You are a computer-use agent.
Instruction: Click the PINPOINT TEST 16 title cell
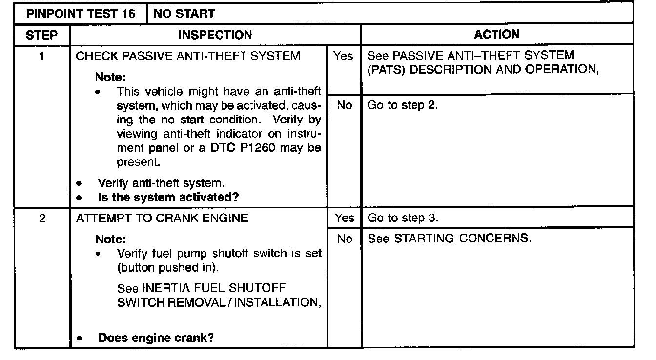(81, 14)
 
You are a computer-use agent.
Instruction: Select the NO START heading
(184, 14)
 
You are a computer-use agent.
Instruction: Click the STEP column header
(42, 35)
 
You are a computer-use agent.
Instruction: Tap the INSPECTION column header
(215, 35)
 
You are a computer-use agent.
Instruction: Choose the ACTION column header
(497, 34)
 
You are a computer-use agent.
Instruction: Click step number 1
(42, 56)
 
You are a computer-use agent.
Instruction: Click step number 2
(42, 219)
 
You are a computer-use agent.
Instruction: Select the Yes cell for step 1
(344, 56)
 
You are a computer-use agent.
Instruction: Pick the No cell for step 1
(344, 105)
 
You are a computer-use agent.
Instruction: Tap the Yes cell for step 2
(344, 218)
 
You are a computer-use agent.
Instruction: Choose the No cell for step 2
(344, 239)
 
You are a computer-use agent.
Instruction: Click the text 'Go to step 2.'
(403, 105)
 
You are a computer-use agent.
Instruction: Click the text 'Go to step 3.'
(403, 218)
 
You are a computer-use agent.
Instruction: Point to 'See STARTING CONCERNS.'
(449, 239)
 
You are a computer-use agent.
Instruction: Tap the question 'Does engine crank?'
(156, 338)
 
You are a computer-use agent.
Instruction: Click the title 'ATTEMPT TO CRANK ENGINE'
(162, 219)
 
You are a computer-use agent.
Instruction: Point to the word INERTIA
(165, 288)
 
